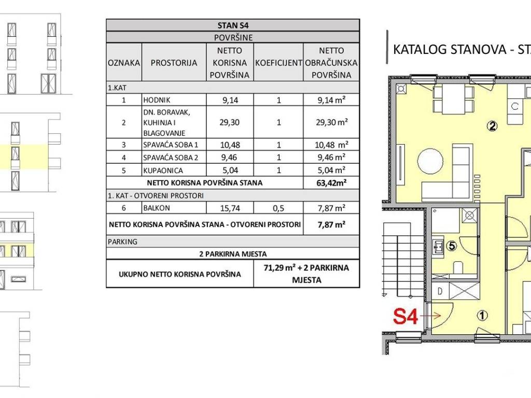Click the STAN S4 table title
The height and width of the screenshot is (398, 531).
pyautogui.click(x=233, y=25)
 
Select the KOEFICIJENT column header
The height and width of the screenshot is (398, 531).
pyautogui.click(x=278, y=63)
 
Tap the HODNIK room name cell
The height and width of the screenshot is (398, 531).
pyautogui.click(x=157, y=100)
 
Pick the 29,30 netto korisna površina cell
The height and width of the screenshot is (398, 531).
pyautogui.click(x=230, y=122)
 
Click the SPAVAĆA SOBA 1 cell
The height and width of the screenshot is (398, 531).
pyautogui.click(x=170, y=145)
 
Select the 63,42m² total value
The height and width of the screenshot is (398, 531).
pyautogui.click(x=331, y=183)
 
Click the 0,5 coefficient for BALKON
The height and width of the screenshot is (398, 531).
pyautogui.click(x=278, y=208)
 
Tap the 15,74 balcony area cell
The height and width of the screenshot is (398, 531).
pyautogui.click(x=230, y=208)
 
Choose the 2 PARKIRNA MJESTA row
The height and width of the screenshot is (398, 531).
pyautogui.click(x=233, y=254)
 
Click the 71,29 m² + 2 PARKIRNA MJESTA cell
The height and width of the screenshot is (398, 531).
pyautogui.click(x=306, y=274)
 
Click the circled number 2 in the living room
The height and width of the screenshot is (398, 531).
pyautogui.click(x=492, y=126)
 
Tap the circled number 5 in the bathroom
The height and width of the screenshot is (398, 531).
pyautogui.click(x=452, y=246)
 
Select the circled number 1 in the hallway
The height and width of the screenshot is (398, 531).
pyautogui.click(x=482, y=316)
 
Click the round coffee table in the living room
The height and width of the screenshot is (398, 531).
pyautogui.click(x=430, y=162)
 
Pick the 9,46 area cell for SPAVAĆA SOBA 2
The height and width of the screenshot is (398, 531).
pyautogui.click(x=230, y=158)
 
